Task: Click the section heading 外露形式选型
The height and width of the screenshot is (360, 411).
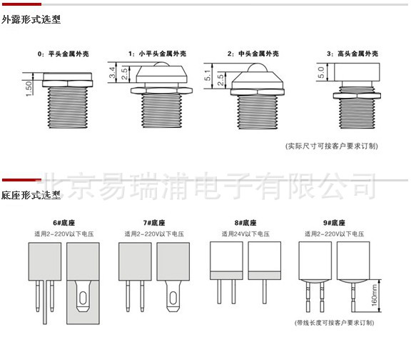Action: coord(31,19)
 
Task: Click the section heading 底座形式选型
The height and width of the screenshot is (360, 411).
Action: coord(31,195)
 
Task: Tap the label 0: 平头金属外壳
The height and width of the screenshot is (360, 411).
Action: coord(64,54)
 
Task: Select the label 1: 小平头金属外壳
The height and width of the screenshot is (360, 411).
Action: coord(157,54)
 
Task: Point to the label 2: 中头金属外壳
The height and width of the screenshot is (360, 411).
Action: coord(253,54)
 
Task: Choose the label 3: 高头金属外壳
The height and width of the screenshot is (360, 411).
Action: coord(352,54)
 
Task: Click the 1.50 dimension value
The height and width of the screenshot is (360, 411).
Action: coord(29,89)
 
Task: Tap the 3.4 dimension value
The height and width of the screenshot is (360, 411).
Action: coord(112,72)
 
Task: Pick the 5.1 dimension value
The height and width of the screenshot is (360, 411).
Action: coord(208,75)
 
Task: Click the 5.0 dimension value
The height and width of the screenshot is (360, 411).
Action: coord(321,72)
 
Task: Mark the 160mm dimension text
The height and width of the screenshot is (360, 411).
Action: coord(375,295)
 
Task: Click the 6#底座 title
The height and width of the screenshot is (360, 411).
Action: coord(64,223)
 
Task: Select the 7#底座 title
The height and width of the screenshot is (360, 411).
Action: coord(154,223)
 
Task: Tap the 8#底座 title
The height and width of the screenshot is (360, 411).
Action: coord(245,223)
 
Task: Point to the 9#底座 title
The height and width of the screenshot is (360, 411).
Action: coord(334,223)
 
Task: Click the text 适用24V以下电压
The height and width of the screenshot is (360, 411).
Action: coord(245,234)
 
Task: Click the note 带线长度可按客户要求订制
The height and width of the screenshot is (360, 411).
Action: coord(334,322)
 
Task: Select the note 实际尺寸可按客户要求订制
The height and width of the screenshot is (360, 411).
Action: coord(332,146)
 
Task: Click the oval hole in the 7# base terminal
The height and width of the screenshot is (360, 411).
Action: coord(173,298)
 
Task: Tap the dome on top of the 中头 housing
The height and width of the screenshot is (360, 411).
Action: coord(258,68)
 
